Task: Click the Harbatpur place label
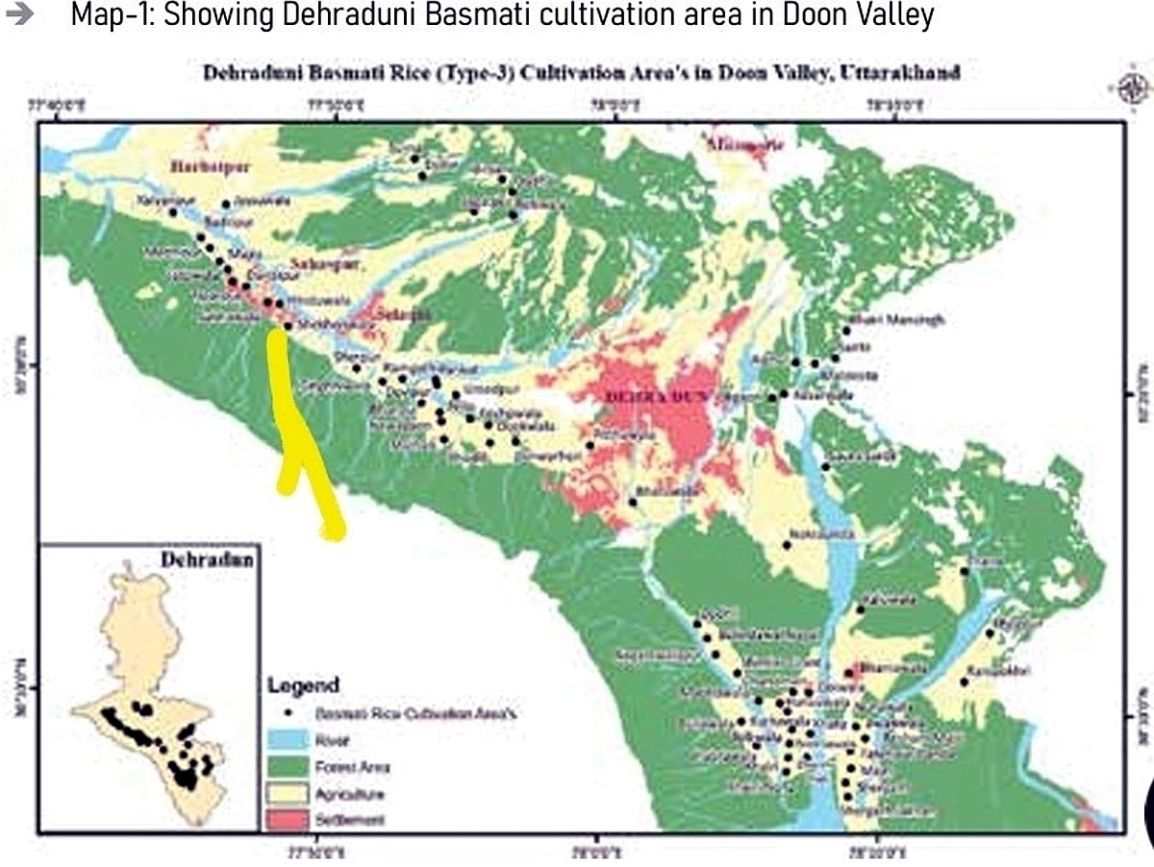210,167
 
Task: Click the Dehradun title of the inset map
207,559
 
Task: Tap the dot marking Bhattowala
633,502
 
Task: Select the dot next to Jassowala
226,204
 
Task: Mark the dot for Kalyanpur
173,211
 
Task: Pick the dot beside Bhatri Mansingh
846,331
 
